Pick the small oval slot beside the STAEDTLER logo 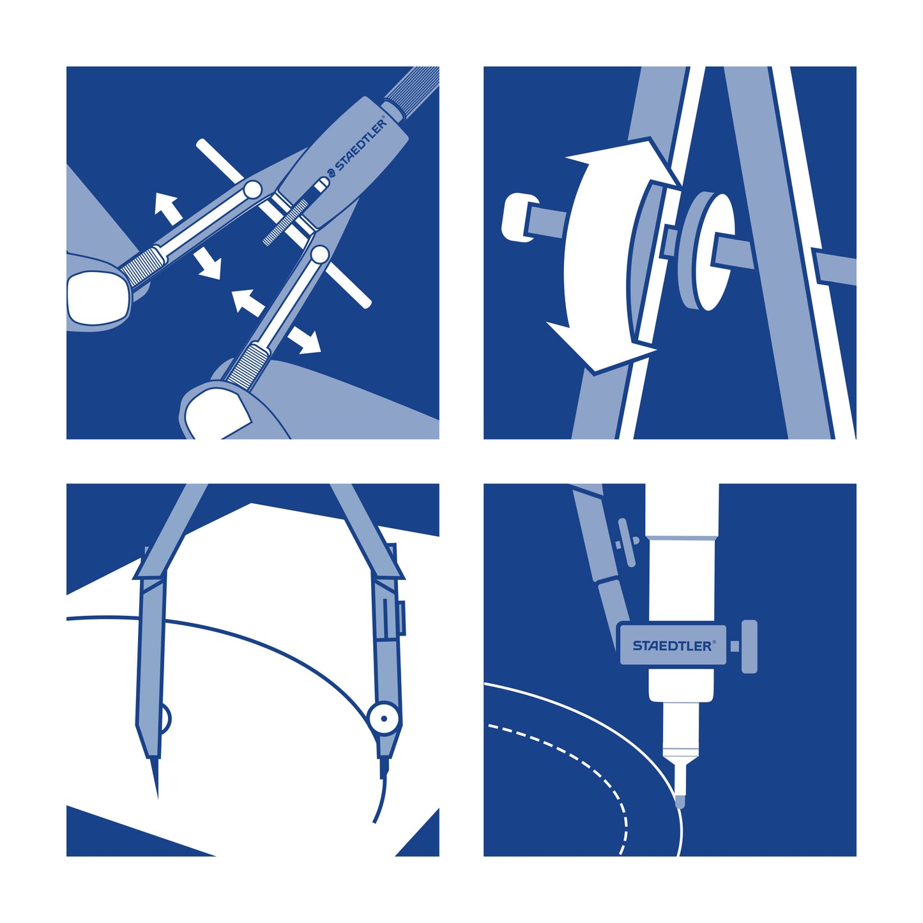pos(321,185)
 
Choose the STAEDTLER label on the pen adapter pos(673,646)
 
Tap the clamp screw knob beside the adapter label pos(749,646)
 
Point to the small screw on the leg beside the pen pos(626,542)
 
